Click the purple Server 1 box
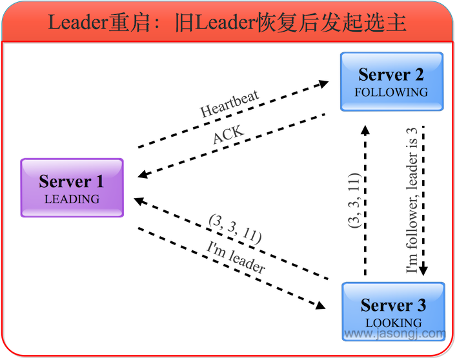72,188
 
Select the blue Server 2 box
391,81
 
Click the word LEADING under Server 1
72,199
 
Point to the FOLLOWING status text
391,92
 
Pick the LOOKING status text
393,323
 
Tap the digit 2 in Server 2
418,75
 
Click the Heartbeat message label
230,104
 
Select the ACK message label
228,136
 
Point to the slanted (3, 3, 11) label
234,229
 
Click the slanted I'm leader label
236,257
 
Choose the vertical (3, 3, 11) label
354,200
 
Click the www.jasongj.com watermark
395,334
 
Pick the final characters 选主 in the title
386,23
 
